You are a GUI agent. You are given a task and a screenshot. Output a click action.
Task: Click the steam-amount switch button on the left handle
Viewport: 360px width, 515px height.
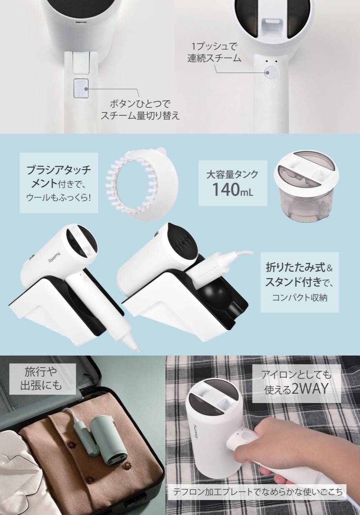[x=81, y=88]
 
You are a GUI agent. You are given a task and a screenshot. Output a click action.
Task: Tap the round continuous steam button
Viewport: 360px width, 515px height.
[x=271, y=73]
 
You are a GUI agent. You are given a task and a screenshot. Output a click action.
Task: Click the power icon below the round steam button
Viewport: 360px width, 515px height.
[x=272, y=83]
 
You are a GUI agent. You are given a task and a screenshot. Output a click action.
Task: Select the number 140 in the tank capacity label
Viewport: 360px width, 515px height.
[x=225, y=190]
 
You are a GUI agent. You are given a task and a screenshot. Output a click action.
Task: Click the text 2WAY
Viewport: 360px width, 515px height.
[x=310, y=389]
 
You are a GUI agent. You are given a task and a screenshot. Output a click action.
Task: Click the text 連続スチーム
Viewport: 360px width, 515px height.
[x=214, y=58]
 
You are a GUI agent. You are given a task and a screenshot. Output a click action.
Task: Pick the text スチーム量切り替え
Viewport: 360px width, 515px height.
[x=140, y=115]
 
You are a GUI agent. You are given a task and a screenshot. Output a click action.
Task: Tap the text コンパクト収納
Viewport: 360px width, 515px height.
[x=300, y=298]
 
